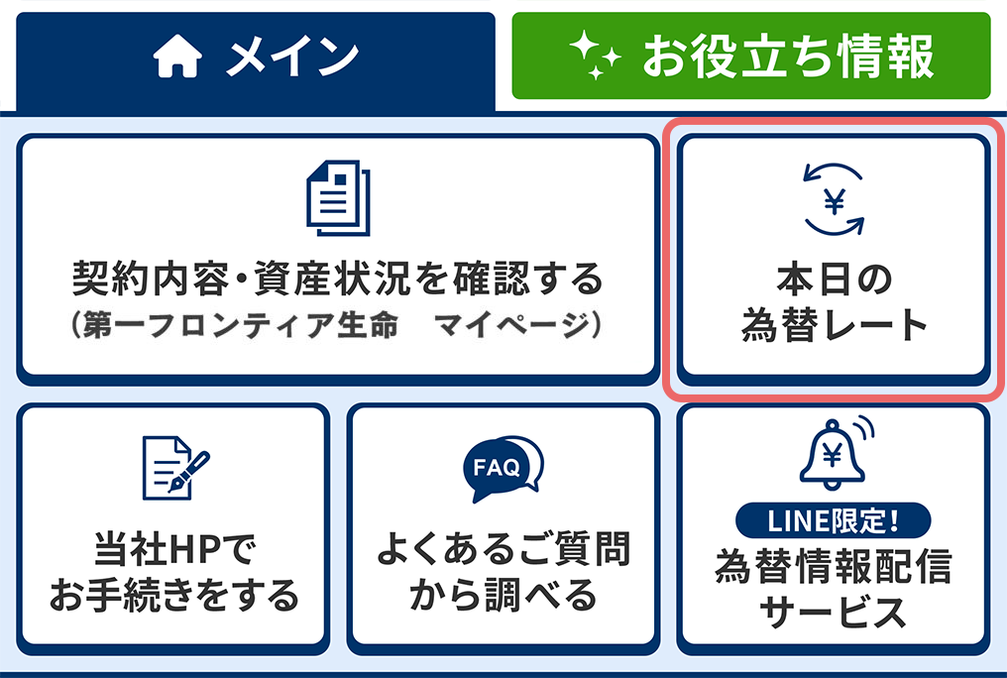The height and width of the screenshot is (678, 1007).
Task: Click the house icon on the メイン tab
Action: (x=177, y=56)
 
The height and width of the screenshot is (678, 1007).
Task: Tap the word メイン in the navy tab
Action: (x=292, y=56)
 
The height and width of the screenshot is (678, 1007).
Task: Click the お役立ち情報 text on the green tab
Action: (x=788, y=56)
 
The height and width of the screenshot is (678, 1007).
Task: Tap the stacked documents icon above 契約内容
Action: (x=338, y=198)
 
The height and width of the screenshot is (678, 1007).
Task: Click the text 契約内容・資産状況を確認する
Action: (x=338, y=279)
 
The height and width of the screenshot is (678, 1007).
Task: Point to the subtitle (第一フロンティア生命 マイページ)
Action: (x=338, y=324)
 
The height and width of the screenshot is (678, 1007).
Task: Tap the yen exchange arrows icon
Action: (x=834, y=199)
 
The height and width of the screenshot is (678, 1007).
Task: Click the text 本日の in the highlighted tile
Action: (x=834, y=280)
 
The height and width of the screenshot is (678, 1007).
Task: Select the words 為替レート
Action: (x=834, y=325)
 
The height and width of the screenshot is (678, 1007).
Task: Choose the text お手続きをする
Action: (x=174, y=594)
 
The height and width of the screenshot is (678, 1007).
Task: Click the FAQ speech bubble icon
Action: (x=503, y=469)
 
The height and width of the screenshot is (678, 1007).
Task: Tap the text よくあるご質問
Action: (x=503, y=549)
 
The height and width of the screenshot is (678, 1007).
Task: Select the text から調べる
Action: (x=503, y=594)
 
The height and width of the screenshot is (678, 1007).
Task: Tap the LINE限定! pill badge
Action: (x=833, y=520)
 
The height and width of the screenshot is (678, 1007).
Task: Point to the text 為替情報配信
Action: (x=833, y=566)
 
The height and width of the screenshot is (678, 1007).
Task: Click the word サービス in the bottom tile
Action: (x=833, y=612)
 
